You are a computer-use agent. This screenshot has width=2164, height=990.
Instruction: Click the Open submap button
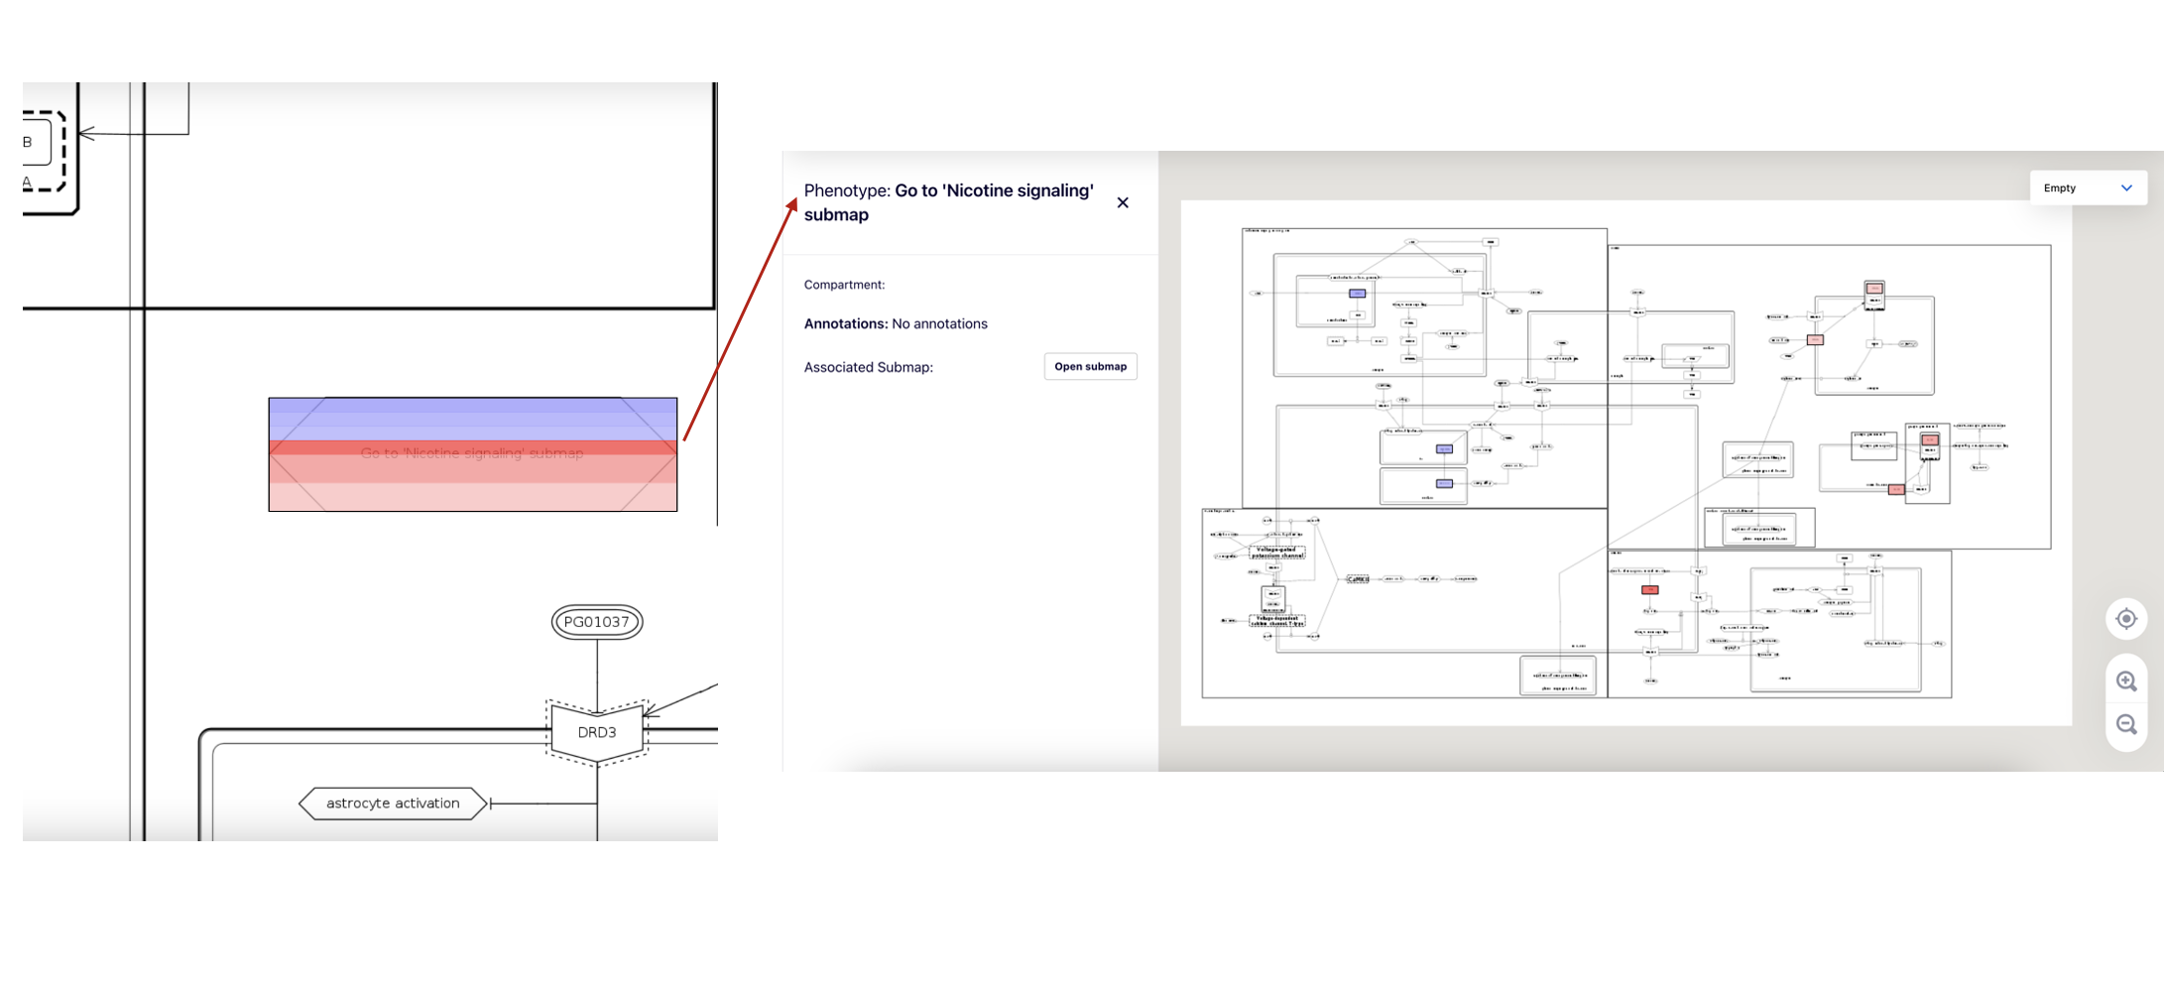point(1090,367)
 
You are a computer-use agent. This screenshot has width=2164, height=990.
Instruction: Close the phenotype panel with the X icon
point(1123,202)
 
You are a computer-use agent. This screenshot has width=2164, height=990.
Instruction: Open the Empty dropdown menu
point(2087,187)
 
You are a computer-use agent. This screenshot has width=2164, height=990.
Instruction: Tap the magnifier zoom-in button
point(2125,681)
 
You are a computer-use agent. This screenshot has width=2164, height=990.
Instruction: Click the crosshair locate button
point(2125,619)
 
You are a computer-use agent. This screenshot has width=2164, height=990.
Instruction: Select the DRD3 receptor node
point(597,732)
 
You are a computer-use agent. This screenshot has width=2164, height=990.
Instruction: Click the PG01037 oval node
point(597,622)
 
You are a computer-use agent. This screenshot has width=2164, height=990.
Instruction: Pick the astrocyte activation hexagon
point(393,804)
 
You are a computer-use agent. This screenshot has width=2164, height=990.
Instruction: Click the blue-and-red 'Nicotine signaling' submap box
point(472,454)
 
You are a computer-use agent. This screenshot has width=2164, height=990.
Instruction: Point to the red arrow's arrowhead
point(793,203)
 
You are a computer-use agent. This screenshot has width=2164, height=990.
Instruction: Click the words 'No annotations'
point(939,324)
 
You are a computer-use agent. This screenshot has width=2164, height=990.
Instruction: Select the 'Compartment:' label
point(844,285)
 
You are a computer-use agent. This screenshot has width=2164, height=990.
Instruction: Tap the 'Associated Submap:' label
point(868,367)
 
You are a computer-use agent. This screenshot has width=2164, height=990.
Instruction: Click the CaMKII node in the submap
point(1357,579)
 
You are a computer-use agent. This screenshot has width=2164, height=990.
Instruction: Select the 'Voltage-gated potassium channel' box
point(1276,553)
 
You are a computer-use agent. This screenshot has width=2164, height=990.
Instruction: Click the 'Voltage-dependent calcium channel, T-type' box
point(1276,621)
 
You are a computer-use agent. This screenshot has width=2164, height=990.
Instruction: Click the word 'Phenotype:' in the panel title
point(847,190)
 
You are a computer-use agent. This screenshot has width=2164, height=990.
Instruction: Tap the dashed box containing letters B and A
point(43,151)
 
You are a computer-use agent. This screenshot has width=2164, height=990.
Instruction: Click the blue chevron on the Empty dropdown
point(2126,187)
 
